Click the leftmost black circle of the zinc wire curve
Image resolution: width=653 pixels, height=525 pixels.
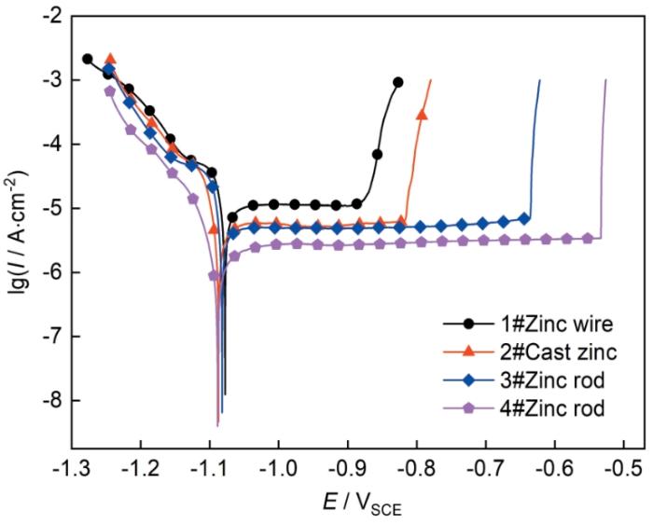point(88,59)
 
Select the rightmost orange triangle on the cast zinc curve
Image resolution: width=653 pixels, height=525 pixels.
point(422,115)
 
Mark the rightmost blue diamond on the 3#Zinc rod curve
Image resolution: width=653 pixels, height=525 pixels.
point(524,218)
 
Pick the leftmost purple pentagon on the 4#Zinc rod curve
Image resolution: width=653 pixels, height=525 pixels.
point(109,91)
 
